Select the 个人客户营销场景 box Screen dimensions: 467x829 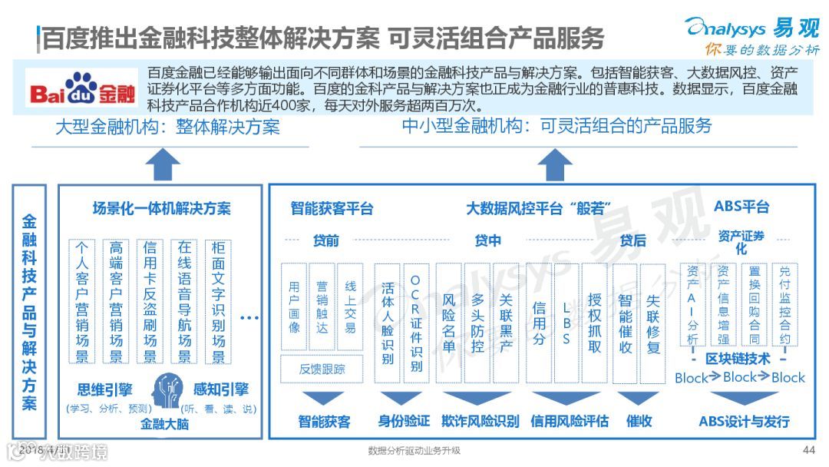tap(81, 301)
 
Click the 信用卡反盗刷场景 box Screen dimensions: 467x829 tap(150, 301)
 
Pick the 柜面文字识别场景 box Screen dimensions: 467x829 tap(218, 301)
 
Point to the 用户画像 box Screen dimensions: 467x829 tap(294, 307)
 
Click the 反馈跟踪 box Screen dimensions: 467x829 tap(322, 369)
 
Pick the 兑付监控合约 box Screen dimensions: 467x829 tap(784, 305)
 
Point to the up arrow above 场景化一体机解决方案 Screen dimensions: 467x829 tap(162, 164)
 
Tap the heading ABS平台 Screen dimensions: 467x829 tap(741, 207)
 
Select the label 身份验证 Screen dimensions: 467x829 tap(404, 421)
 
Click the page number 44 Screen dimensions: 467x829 tap(808, 449)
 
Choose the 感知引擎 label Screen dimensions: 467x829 tap(221, 389)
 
